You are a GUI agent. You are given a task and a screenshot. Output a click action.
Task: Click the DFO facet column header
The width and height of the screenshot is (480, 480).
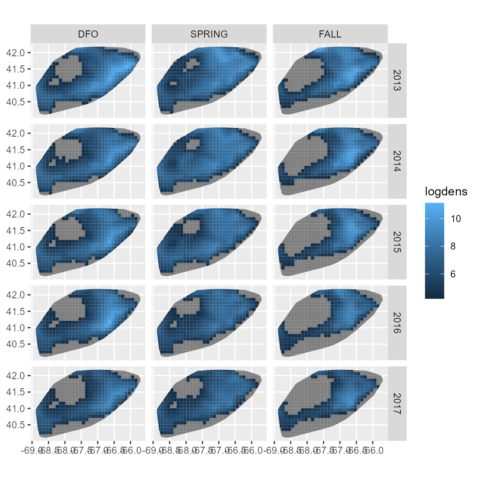pos(88,34)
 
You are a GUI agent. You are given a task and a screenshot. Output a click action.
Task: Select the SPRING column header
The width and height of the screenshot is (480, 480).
pos(209,34)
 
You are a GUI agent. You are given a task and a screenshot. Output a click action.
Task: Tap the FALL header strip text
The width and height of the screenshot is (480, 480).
pos(330,34)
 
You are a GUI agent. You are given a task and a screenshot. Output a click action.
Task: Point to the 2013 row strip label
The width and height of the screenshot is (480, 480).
pos(397,80)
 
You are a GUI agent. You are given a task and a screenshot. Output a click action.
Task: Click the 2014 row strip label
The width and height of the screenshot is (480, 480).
pos(397,161)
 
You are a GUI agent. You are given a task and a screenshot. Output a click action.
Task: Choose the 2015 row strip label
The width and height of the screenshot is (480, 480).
pos(397,242)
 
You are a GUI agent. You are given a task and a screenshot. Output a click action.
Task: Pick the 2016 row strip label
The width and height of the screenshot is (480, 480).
pos(397,323)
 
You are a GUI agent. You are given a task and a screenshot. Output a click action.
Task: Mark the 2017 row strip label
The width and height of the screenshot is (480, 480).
pos(397,404)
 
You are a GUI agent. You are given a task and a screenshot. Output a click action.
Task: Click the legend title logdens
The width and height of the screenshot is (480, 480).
pos(446,192)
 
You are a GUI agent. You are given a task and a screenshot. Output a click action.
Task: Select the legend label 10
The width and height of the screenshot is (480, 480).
pos(456,219)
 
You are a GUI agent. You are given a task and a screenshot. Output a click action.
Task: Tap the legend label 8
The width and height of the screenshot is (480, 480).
pos(453,246)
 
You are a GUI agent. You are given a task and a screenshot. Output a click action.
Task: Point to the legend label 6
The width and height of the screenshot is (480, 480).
pos(453,274)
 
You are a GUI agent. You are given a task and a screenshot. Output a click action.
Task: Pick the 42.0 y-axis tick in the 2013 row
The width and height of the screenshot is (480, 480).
pos(16,52)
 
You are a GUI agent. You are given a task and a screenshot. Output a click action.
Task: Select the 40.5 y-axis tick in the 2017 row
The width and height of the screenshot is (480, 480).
pos(16,425)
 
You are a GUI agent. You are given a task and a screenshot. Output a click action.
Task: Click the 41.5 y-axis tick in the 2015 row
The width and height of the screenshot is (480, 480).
pos(16,230)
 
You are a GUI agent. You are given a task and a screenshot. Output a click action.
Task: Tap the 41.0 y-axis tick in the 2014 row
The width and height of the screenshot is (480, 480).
pos(16,166)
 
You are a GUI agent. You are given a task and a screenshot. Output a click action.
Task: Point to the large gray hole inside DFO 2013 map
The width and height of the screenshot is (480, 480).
pos(68,68)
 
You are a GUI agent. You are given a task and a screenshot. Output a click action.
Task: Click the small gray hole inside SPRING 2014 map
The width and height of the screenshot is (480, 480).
pos(193,144)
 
